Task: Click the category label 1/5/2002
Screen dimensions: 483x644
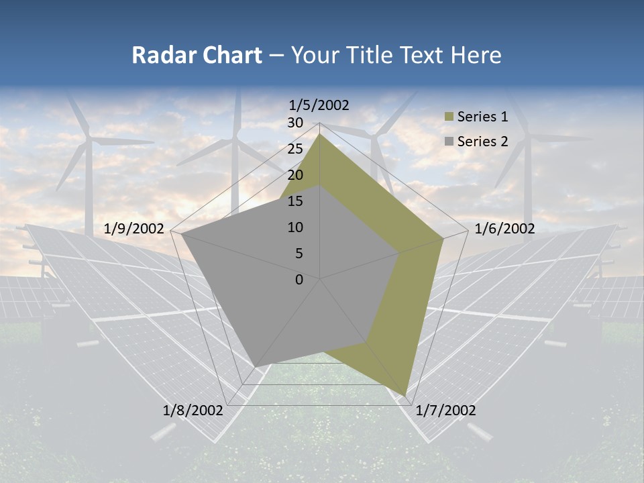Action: tap(319, 105)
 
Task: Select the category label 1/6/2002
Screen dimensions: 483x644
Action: tap(504, 229)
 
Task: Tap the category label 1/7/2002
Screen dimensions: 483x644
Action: tap(445, 411)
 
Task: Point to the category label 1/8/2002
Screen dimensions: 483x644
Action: tap(193, 411)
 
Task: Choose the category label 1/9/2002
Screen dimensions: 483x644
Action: tap(134, 229)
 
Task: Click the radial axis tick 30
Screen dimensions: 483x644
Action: tap(295, 123)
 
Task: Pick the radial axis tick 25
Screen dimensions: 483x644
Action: tap(295, 149)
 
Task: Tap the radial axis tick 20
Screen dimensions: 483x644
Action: tap(295, 175)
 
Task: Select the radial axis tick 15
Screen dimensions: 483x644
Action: tap(295, 201)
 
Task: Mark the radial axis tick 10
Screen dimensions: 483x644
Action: tap(295, 227)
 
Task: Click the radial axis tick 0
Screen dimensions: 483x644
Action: tap(299, 280)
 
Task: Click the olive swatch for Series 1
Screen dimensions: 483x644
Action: tap(449, 117)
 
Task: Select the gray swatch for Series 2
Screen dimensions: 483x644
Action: tap(449, 142)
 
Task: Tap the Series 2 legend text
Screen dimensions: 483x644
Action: tap(482, 142)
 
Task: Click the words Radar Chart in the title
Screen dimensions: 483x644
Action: tap(197, 55)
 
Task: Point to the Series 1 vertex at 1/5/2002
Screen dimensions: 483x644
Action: tap(320, 133)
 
